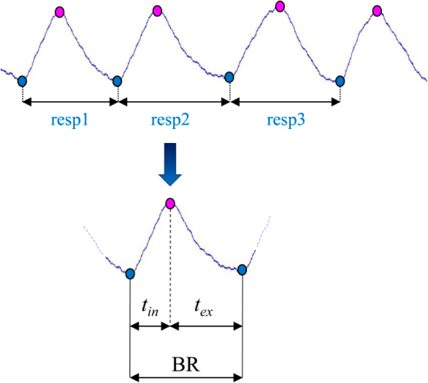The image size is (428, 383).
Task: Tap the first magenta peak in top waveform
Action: coord(59,11)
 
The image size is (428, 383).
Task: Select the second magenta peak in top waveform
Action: coord(157,10)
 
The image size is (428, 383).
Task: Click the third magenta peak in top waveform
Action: coord(280,6)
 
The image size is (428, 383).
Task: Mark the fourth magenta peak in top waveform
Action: coord(377,10)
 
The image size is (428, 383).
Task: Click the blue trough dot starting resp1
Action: coord(22,81)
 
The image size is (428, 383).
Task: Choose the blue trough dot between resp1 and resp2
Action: coord(117,81)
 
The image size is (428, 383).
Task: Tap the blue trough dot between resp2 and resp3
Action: coord(229,77)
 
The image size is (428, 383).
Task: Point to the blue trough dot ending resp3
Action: coord(340,81)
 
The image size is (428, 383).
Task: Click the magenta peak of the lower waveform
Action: coord(170,203)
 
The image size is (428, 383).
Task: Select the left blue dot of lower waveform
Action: coord(130,274)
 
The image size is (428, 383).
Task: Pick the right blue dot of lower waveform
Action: coord(242,269)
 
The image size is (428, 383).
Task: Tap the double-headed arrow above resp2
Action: coord(174,101)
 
